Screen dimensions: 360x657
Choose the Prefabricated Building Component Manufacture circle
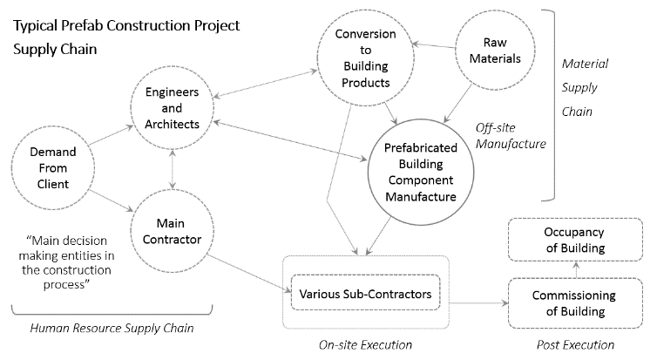click(x=420, y=173)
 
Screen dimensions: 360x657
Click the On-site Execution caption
click(x=365, y=345)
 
